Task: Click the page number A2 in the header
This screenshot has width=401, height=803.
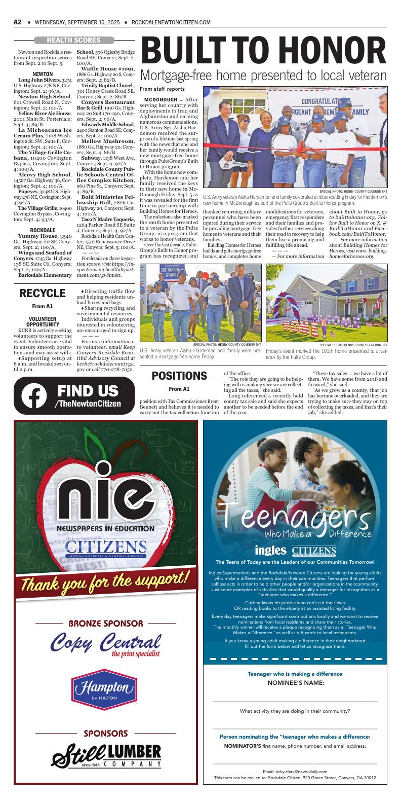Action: click(x=17, y=22)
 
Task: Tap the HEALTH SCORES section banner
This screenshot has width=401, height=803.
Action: click(x=73, y=40)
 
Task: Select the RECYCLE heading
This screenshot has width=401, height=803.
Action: click(x=43, y=294)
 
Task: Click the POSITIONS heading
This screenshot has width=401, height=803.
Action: click(x=179, y=376)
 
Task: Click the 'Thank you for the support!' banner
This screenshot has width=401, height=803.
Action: click(x=106, y=580)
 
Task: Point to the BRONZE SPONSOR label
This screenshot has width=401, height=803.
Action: click(x=106, y=623)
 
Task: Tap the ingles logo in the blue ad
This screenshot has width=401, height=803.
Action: click(x=271, y=550)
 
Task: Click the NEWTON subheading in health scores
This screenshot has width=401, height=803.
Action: click(x=43, y=74)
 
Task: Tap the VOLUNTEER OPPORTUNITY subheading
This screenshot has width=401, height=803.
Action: click(x=43, y=321)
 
